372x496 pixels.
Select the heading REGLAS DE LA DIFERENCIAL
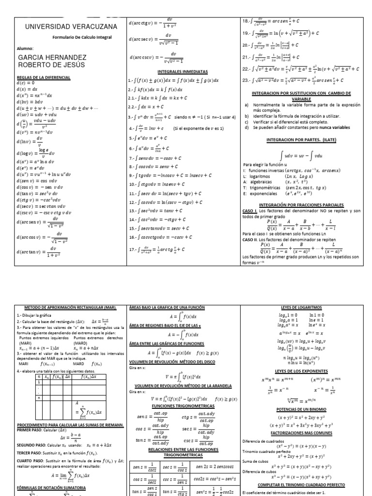click(x=44, y=77)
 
